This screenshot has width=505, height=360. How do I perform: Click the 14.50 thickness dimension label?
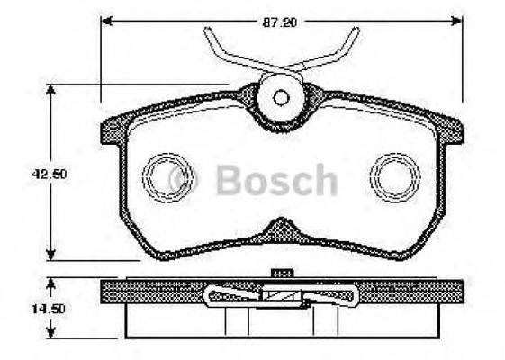click(28, 308)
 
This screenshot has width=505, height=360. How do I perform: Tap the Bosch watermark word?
click(276, 181)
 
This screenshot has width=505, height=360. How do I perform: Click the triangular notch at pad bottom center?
click(282, 229)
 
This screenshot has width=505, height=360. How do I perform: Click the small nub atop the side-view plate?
click(282, 272)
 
